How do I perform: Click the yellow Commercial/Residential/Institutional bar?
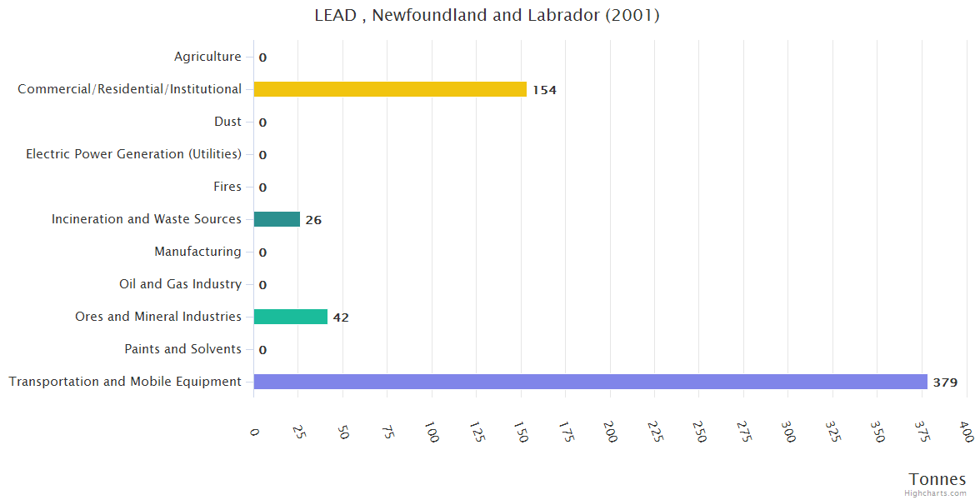click(x=390, y=89)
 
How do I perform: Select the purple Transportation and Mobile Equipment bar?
click(x=590, y=382)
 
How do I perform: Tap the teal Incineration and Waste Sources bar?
click(x=277, y=219)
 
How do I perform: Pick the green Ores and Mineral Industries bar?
click(x=290, y=317)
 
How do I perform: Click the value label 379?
click(x=945, y=382)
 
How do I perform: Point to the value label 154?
click(x=544, y=90)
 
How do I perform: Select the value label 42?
click(x=341, y=317)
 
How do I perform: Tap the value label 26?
click(x=313, y=220)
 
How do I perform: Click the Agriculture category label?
click(x=207, y=57)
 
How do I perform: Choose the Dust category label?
click(x=227, y=122)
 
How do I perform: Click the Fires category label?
click(x=227, y=187)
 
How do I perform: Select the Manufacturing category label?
click(x=197, y=252)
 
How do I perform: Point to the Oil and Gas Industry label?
click(x=180, y=284)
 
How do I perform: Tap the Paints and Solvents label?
click(x=182, y=349)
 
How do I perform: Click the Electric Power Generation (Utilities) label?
click(x=133, y=154)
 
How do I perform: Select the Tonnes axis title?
click(x=937, y=479)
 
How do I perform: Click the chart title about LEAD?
click(x=487, y=15)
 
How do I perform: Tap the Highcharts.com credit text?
click(x=936, y=493)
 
